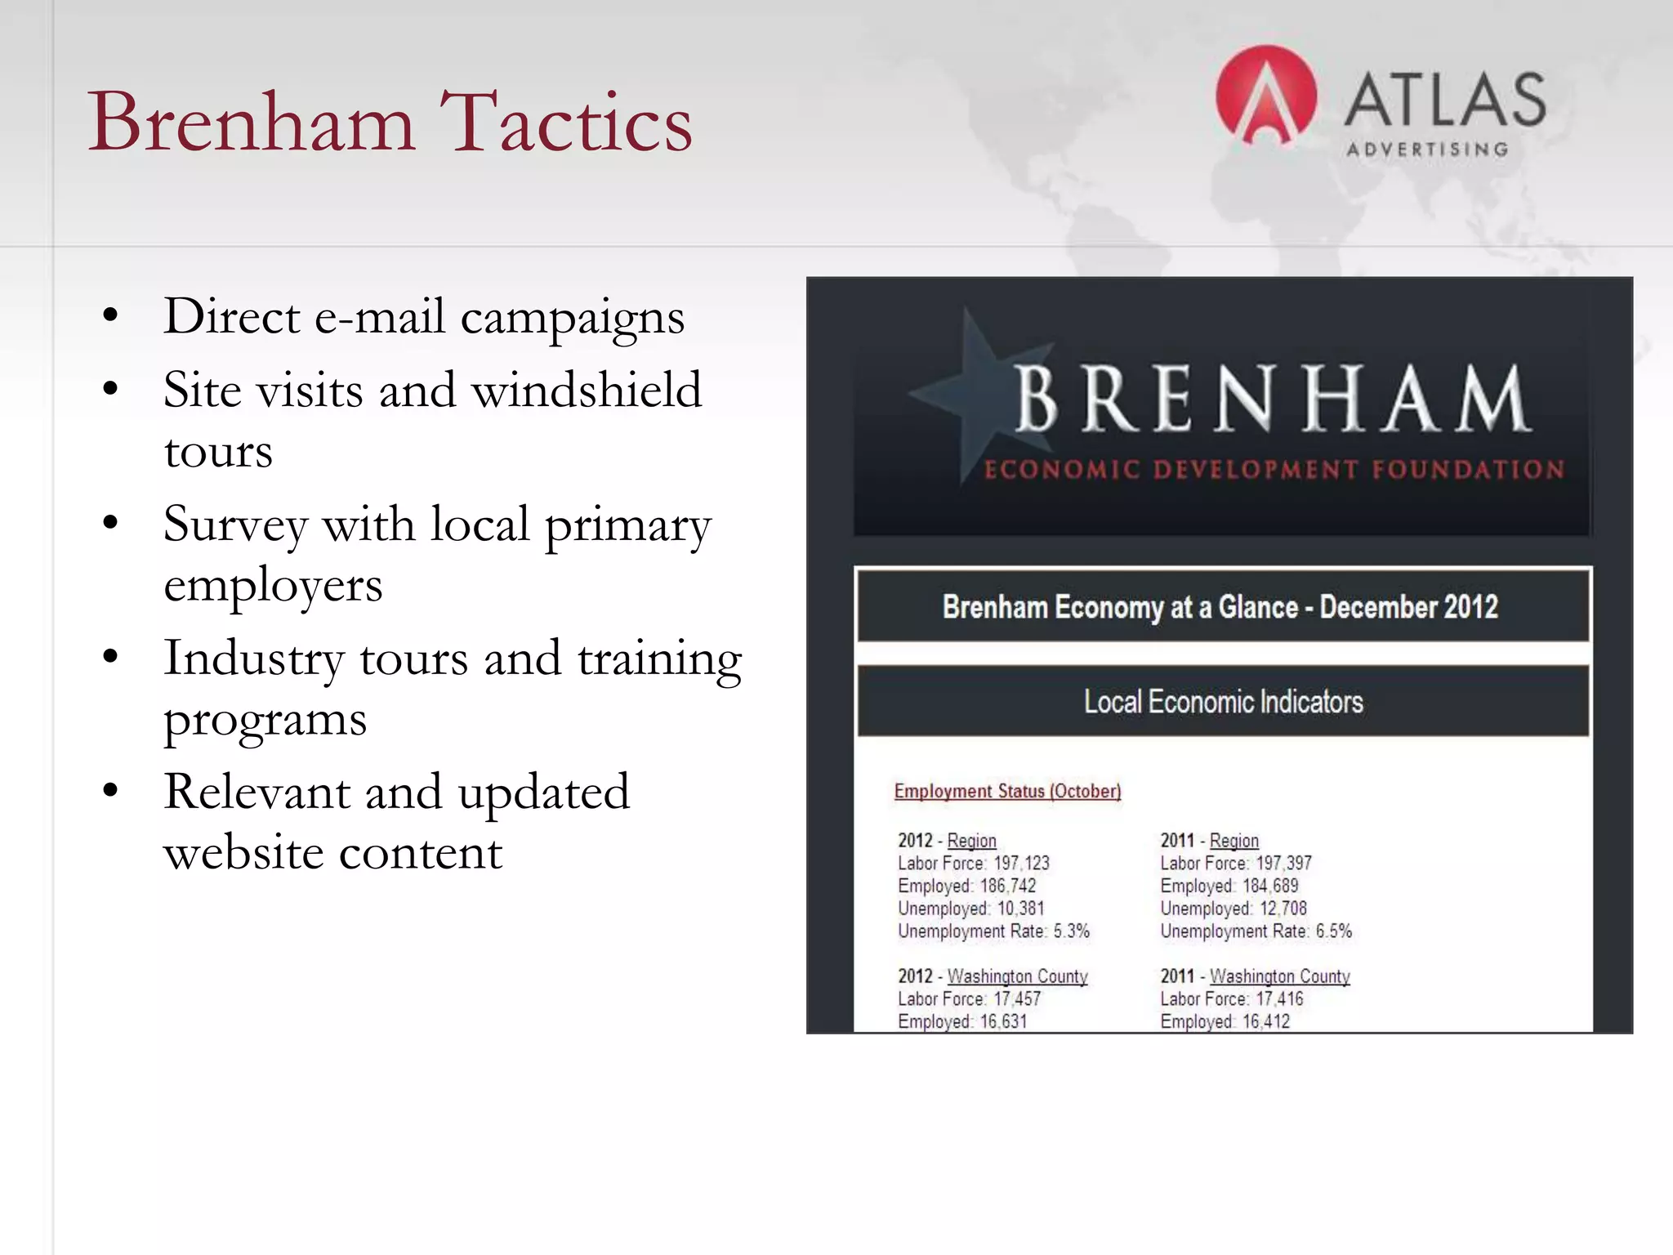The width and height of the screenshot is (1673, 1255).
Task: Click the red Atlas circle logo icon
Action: coord(1265,96)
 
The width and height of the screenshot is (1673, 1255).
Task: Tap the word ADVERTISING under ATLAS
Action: coord(1427,150)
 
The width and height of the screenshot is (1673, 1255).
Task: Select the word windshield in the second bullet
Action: coord(587,390)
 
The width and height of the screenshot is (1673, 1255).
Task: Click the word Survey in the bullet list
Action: coord(235,524)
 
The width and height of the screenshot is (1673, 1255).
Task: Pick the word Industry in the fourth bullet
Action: coord(253,659)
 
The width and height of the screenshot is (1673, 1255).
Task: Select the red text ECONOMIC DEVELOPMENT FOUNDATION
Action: coord(1274,470)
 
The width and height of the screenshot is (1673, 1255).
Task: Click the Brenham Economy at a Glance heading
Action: coord(1220,607)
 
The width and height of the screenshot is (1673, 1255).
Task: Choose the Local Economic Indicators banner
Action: coord(1223,702)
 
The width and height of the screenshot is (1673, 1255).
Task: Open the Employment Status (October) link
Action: coord(1007,791)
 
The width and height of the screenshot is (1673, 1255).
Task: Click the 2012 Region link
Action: coord(971,841)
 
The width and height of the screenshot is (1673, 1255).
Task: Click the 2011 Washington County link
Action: coord(1279,976)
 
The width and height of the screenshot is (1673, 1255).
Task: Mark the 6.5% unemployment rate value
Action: coord(1333,931)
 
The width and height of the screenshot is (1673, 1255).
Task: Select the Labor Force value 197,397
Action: coord(1283,864)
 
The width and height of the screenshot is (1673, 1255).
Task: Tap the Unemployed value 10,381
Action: coord(1020,909)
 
